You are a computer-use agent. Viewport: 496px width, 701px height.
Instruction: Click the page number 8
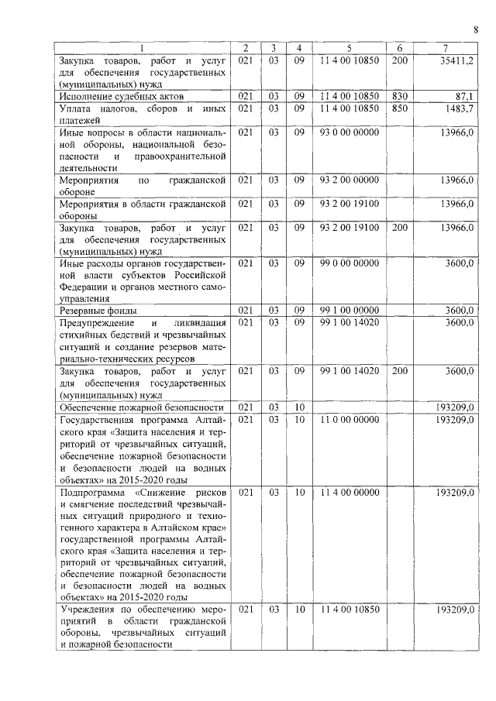pyautogui.click(x=475, y=30)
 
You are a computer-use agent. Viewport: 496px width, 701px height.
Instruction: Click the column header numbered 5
pyautogui.click(x=350, y=48)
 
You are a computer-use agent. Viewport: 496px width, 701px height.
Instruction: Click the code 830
pyautogui.click(x=399, y=96)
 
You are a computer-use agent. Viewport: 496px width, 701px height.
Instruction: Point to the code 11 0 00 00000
pyautogui.click(x=350, y=419)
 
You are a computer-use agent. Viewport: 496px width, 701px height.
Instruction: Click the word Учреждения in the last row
pyautogui.click(x=88, y=610)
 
